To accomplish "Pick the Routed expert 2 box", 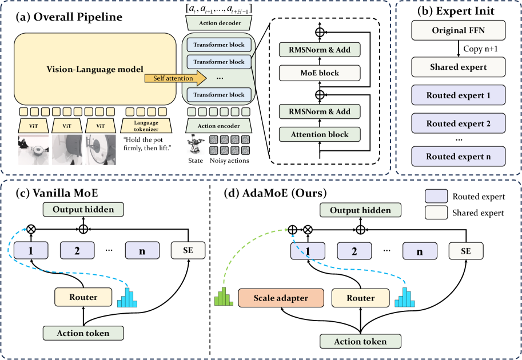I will (457, 123).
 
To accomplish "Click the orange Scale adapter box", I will (281, 298).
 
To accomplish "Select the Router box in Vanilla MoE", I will (83, 297).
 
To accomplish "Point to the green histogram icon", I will (222, 298).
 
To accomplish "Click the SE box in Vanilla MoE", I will (188, 250).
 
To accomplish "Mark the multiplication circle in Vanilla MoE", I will (24, 229).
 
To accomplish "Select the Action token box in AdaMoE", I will (360, 341).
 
